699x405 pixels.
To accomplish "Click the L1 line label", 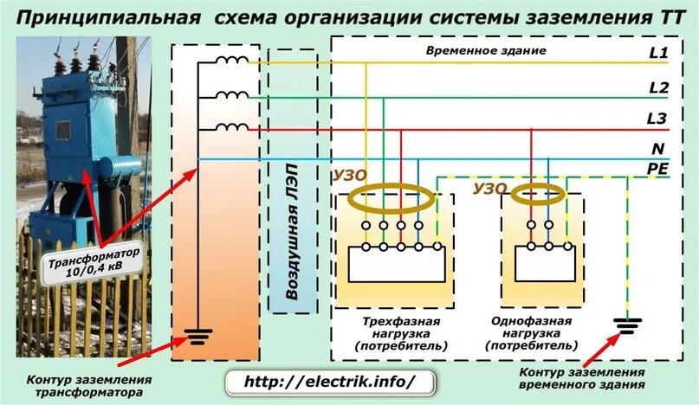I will [x=658, y=55].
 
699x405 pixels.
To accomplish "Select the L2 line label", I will [x=658, y=88].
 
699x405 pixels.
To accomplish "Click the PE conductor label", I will [x=658, y=169].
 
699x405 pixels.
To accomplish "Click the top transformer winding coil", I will [x=230, y=62].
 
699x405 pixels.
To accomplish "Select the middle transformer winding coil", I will [x=230, y=96].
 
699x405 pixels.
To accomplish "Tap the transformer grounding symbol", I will [x=199, y=335].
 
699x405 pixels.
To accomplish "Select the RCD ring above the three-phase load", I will [x=392, y=198].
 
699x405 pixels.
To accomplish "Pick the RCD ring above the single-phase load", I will [x=544, y=195].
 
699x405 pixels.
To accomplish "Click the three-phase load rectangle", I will [x=398, y=263].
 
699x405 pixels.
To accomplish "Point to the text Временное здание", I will [x=485, y=52].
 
